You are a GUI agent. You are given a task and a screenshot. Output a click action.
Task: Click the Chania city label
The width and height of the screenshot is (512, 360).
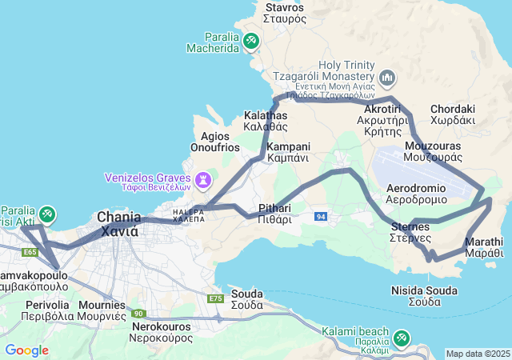[x=118, y=223]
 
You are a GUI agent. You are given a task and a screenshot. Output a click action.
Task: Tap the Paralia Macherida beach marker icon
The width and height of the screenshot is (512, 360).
[x=251, y=39]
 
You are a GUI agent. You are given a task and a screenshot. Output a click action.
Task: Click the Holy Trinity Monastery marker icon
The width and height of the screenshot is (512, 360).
[x=388, y=78]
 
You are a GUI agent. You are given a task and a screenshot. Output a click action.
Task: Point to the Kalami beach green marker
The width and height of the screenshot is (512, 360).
[x=400, y=338]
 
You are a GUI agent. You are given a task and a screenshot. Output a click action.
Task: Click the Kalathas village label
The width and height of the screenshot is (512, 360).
[x=266, y=120]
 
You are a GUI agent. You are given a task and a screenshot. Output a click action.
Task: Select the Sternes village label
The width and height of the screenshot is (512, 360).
[x=410, y=232]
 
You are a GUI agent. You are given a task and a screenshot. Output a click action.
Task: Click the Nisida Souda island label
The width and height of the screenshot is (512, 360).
[x=424, y=295]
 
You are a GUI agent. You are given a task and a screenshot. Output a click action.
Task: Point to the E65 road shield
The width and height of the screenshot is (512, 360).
[x=30, y=252]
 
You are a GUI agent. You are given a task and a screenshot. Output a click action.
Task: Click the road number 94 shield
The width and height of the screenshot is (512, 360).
[x=321, y=216]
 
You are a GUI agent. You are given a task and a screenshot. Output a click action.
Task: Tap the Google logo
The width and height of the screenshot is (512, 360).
[x=26, y=350]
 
